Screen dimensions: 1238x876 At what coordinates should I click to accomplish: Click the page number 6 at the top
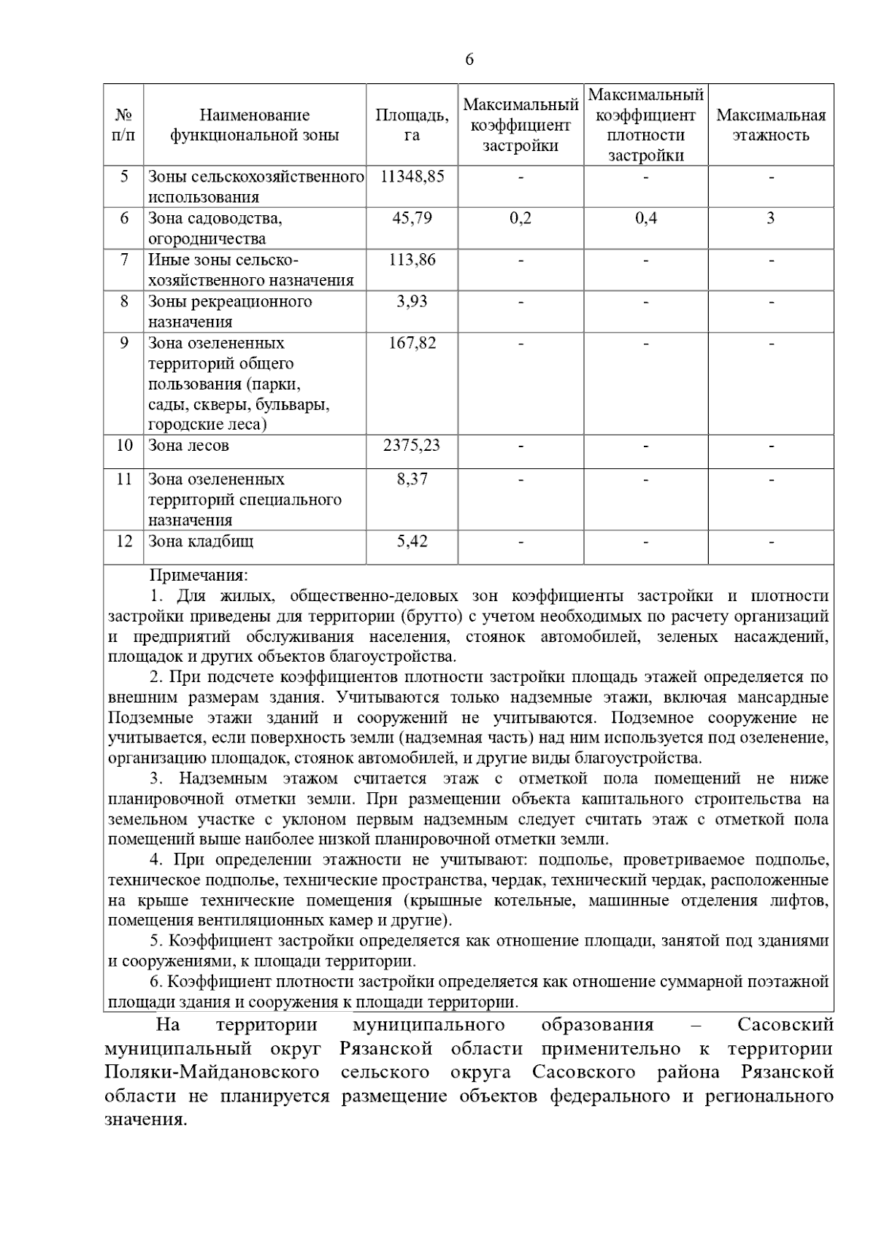pos(469,60)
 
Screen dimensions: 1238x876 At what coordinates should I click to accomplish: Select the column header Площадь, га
pos(412,125)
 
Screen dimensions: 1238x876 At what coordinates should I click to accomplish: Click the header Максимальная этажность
pos(771,125)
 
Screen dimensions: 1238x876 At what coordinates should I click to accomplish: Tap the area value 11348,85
pos(412,177)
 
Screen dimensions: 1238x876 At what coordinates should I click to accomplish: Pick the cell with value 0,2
pos(520,218)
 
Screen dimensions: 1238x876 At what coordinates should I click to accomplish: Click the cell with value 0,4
pos(645,218)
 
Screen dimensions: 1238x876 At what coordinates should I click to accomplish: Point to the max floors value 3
pos(771,218)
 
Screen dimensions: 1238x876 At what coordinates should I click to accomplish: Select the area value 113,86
pos(412,260)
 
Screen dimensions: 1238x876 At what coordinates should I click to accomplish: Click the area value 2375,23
pos(412,445)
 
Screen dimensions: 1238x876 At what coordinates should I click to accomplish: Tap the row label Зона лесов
pos(188,445)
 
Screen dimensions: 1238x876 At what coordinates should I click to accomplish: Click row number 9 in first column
pos(124,343)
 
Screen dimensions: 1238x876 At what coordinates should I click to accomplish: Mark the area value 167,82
pos(412,343)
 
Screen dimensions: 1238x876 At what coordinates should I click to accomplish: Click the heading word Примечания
pos(199,576)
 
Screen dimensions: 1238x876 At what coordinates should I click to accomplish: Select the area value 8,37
pos(412,479)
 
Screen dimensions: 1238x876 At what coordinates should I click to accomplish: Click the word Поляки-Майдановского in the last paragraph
pos(212,1072)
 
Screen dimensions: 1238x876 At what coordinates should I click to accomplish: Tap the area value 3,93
pos(412,301)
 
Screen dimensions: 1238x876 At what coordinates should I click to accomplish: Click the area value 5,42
pos(412,541)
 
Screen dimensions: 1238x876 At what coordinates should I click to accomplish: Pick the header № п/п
pos(124,125)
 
